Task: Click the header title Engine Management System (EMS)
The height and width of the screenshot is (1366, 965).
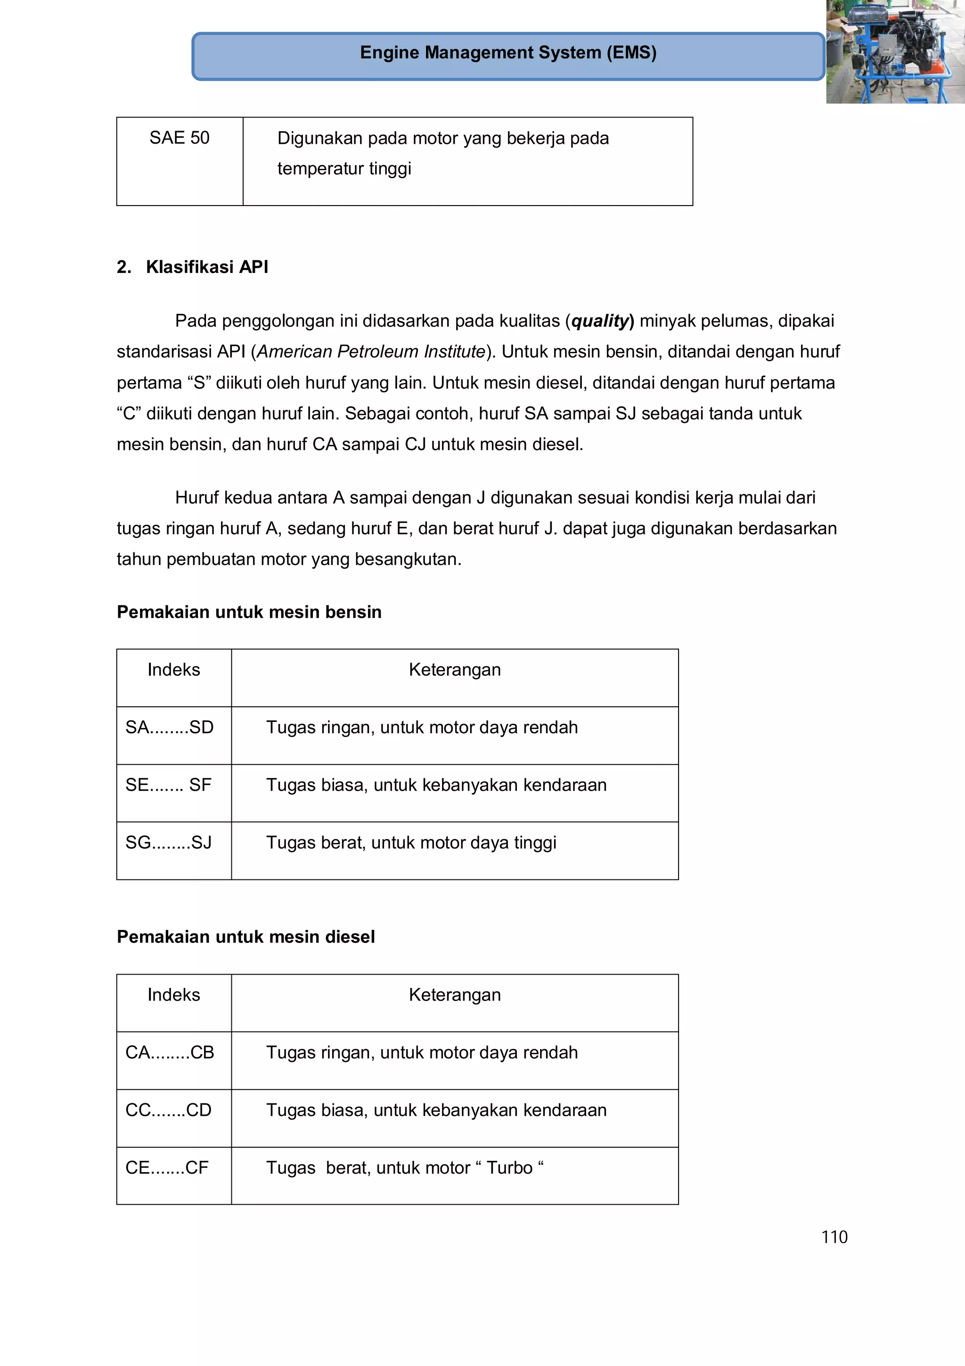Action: click(508, 53)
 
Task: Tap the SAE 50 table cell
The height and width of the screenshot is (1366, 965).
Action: click(179, 138)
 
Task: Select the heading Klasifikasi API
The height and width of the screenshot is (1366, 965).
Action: click(206, 267)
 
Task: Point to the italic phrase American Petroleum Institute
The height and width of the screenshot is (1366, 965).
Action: click(371, 352)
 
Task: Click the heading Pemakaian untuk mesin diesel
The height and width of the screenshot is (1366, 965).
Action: click(245, 937)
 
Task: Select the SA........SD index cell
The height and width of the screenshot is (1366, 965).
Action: click(170, 728)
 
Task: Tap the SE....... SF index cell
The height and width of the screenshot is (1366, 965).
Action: click(168, 786)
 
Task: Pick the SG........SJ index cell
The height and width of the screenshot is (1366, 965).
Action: click(168, 843)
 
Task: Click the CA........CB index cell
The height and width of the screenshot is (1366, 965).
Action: click(170, 1052)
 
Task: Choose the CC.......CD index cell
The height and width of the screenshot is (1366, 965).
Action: click(168, 1110)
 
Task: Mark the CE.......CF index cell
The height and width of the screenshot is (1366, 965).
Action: click(167, 1168)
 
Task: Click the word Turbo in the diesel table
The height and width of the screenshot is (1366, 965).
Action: click(509, 1168)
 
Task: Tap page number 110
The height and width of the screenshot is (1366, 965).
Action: click(834, 1237)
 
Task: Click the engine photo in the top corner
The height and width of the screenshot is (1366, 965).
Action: click(895, 52)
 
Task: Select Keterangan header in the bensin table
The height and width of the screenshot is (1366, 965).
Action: click(454, 670)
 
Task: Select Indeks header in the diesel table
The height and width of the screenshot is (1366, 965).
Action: click(173, 995)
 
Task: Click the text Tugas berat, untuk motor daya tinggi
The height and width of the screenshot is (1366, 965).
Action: click(411, 843)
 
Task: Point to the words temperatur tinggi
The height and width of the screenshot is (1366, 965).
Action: click(344, 169)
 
